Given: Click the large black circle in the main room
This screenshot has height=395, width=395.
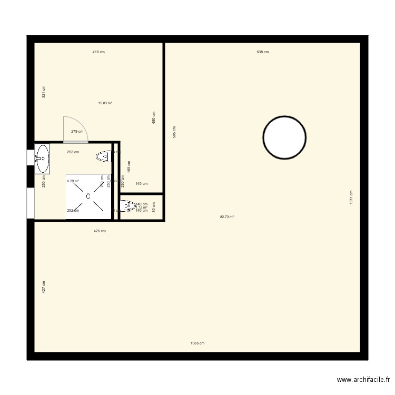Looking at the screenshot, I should pos(284,137).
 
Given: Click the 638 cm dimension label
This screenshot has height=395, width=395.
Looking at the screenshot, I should pos(262,52).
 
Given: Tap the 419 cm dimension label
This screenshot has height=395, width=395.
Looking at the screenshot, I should pos(98,52).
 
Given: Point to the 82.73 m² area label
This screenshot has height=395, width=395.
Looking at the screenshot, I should pos(227,217).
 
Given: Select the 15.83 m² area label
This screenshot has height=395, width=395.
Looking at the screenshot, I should pos(105,103).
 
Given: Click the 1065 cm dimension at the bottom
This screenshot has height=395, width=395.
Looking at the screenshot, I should pos(197,343).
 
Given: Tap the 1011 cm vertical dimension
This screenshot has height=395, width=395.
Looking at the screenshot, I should pos(351,197).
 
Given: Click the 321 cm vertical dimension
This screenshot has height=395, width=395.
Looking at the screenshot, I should pos(44,92).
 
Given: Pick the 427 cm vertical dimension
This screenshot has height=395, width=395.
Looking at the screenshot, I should pos(44,287).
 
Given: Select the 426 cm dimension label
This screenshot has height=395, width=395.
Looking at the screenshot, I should pos(100,231).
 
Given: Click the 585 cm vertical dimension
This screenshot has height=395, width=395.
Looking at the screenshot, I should pos(174,132).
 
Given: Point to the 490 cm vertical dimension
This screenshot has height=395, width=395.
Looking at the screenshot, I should pos(154,117).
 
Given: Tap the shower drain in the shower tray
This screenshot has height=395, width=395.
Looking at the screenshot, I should pos(88,196).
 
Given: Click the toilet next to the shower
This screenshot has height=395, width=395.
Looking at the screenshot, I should pos(103,156).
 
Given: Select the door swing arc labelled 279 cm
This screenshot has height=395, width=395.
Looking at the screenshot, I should pos(75,130).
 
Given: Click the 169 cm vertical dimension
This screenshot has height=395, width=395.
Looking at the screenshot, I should pos(129,167).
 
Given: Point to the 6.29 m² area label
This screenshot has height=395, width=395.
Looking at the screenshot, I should pos(73,181).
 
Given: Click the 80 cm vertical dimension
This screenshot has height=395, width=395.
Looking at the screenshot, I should pos(154,208).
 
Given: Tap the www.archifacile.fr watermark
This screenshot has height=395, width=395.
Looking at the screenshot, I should pos(363,379).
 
